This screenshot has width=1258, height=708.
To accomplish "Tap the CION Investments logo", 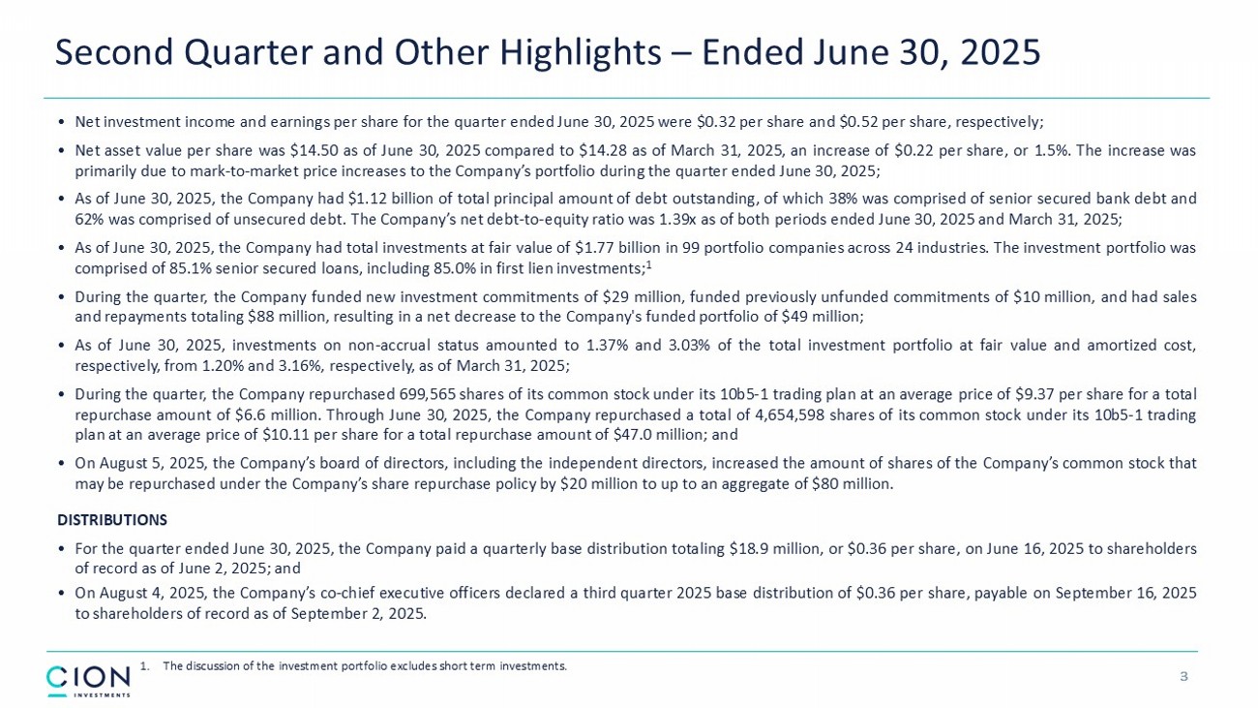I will click(x=88, y=679).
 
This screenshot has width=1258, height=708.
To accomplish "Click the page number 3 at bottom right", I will click(x=1183, y=676).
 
